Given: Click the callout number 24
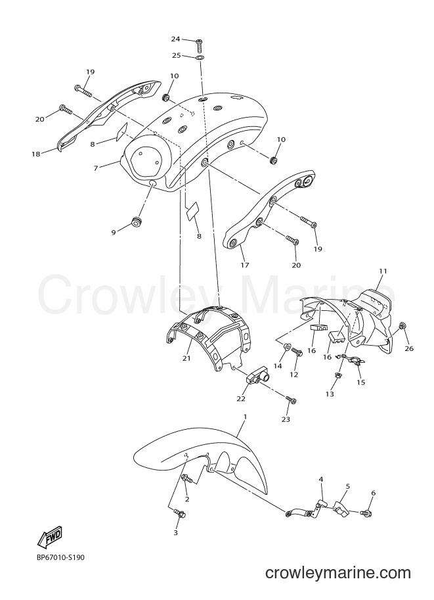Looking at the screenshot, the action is [x=175, y=39].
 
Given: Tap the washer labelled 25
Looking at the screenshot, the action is [x=200, y=58].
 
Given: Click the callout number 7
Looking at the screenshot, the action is [x=96, y=168].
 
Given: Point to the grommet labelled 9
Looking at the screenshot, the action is [x=137, y=221].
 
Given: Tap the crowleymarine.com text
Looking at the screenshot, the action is [x=338, y=573].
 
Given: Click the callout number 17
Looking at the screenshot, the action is [x=245, y=265].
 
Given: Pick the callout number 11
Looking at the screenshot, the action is [x=383, y=271].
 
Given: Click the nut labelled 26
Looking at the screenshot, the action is [x=401, y=326].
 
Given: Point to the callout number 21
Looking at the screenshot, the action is [x=186, y=358].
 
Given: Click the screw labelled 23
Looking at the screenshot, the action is [x=291, y=400].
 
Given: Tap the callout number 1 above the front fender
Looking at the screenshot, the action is [x=245, y=417].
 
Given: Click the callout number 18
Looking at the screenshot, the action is [x=35, y=154].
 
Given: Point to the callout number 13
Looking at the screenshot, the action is [x=330, y=394].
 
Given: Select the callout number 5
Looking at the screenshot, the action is [x=347, y=486].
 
